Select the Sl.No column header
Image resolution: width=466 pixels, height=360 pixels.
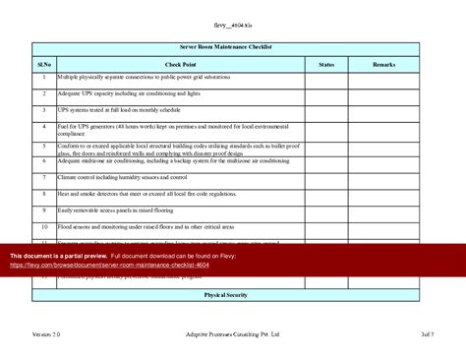tap(44, 64)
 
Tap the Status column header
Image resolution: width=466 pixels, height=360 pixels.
tap(326, 64)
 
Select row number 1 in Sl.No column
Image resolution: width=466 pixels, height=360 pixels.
tap(44, 77)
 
